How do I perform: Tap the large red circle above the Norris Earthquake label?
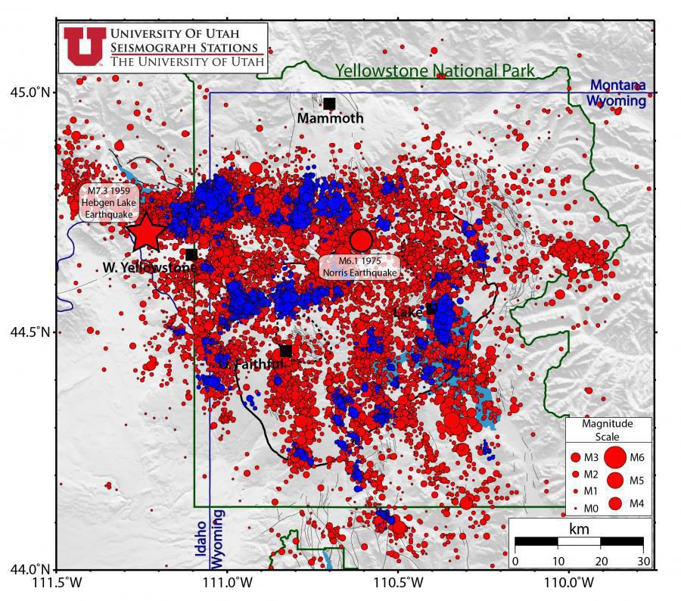(x=362, y=240)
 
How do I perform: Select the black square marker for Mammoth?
(x=329, y=104)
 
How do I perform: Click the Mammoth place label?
(x=330, y=119)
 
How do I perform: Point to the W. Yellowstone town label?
(x=150, y=267)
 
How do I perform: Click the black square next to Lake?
(x=431, y=308)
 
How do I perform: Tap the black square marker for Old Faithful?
(x=285, y=350)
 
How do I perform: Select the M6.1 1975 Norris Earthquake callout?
(x=358, y=267)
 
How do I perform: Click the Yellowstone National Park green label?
(x=434, y=71)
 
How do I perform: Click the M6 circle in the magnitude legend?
(x=615, y=457)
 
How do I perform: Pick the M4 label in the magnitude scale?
(x=639, y=503)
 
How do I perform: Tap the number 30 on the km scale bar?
(x=642, y=561)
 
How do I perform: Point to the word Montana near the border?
(x=618, y=86)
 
